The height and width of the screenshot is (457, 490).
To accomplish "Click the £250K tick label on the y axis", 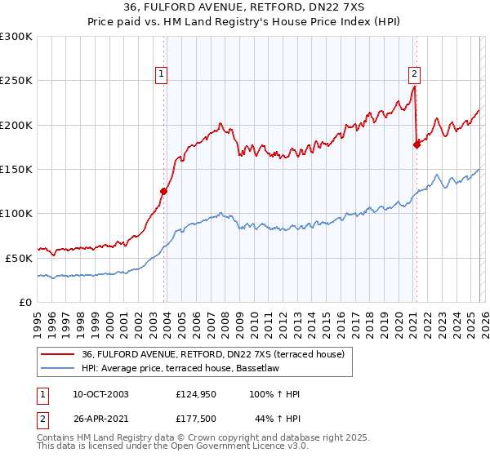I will pos(16,81).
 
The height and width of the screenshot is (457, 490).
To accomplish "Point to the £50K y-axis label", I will pos(18,258).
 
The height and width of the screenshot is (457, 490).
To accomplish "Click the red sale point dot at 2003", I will pos(164,192).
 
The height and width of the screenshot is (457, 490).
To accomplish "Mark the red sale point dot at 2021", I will pos(416,145).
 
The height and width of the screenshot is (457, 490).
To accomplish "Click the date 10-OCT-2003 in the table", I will pos(100,394).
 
